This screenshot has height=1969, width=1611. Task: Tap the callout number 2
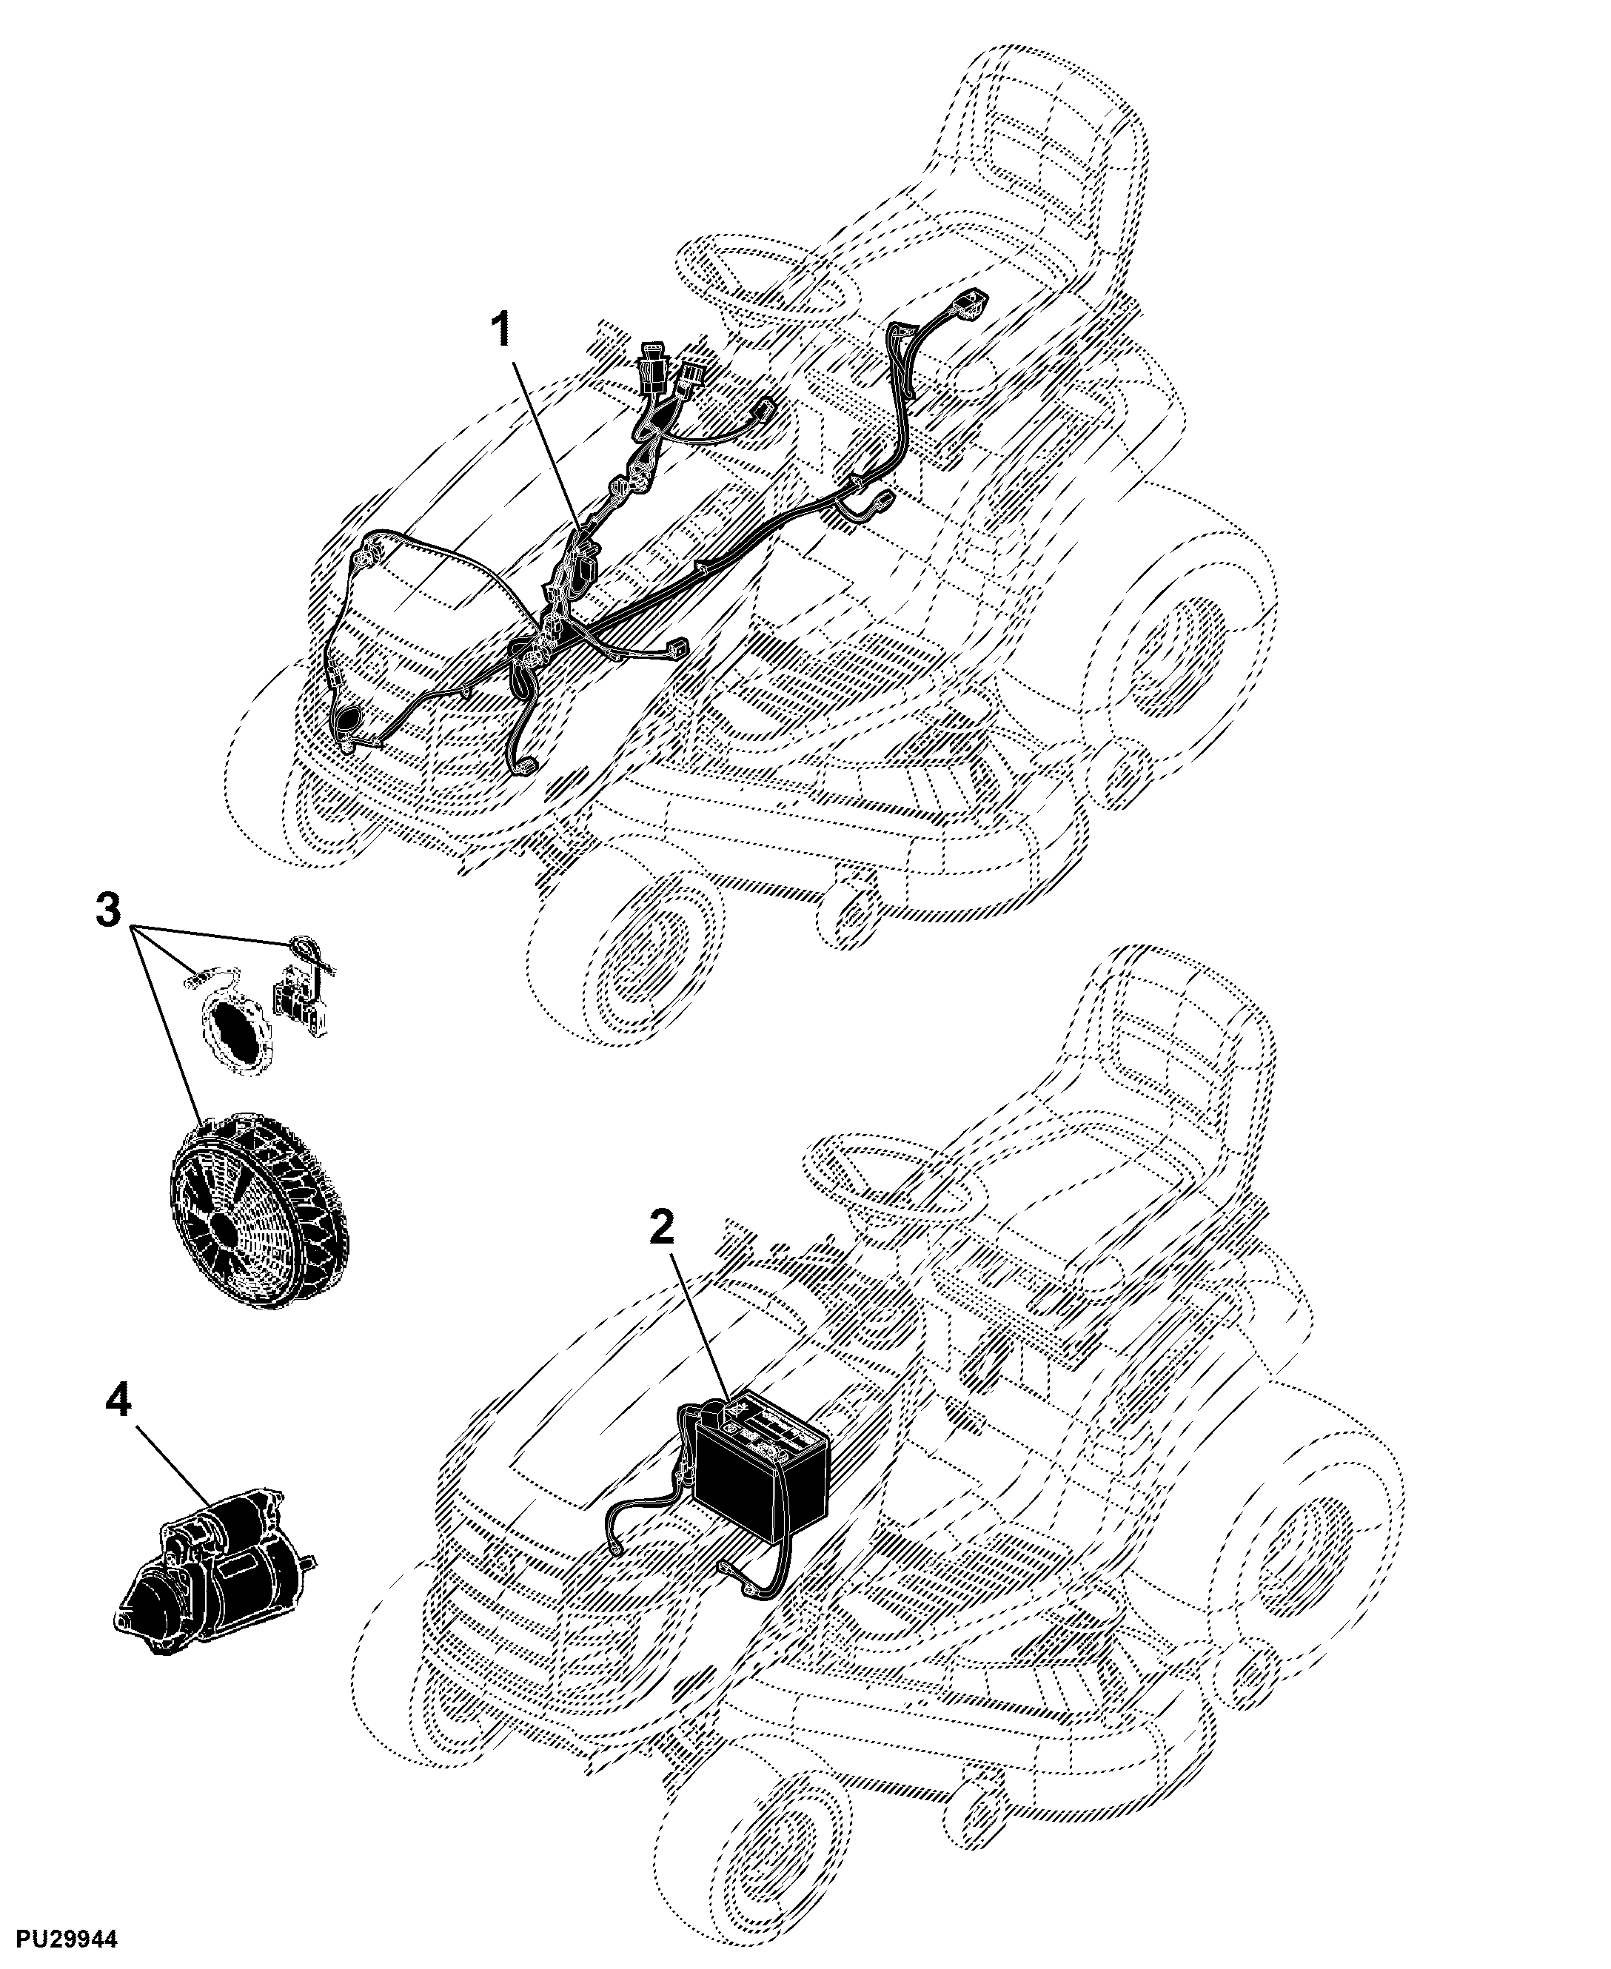662,1230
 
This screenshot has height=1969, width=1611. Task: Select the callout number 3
109,910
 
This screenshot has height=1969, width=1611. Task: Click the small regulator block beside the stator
301,1002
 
